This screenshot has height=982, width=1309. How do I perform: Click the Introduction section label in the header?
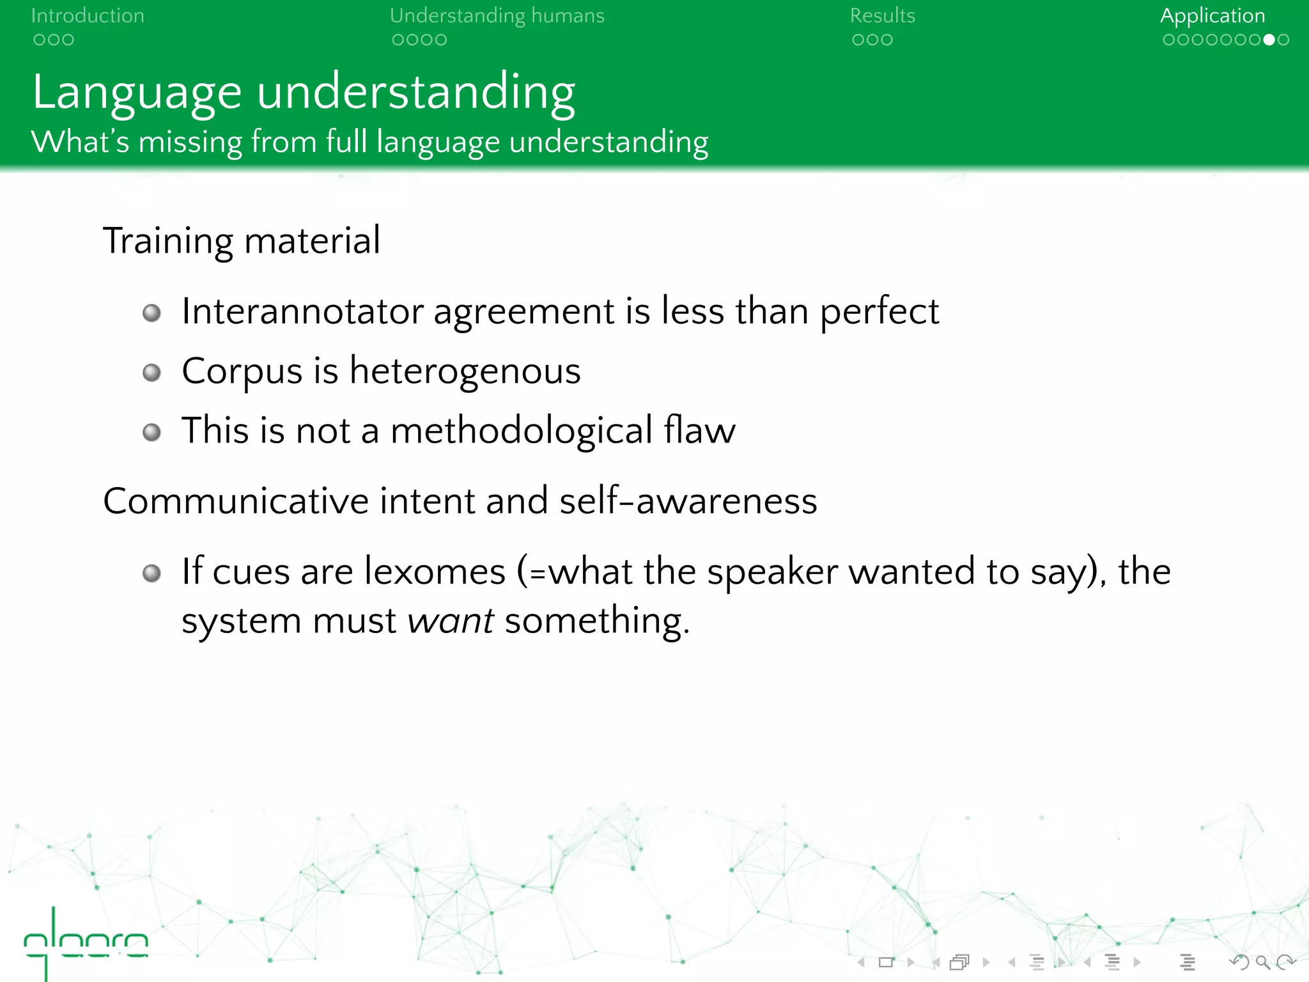coord(88,15)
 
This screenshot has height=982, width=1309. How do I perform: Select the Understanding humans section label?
coord(497,15)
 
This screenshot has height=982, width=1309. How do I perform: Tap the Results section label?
coord(882,15)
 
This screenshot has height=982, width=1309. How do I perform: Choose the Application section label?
coord(1212,15)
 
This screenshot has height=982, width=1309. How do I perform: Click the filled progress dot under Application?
coord(1269,40)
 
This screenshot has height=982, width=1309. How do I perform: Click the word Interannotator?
coord(302,312)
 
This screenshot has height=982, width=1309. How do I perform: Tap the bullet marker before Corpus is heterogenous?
coord(151,372)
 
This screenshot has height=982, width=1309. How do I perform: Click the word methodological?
coord(522,431)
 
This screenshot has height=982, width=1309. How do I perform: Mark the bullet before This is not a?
coord(151,432)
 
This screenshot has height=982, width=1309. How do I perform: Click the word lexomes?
coord(435,572)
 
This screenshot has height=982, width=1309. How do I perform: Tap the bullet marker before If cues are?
coord(151,573)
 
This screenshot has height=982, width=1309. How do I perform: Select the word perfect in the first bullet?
coord(879,312)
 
